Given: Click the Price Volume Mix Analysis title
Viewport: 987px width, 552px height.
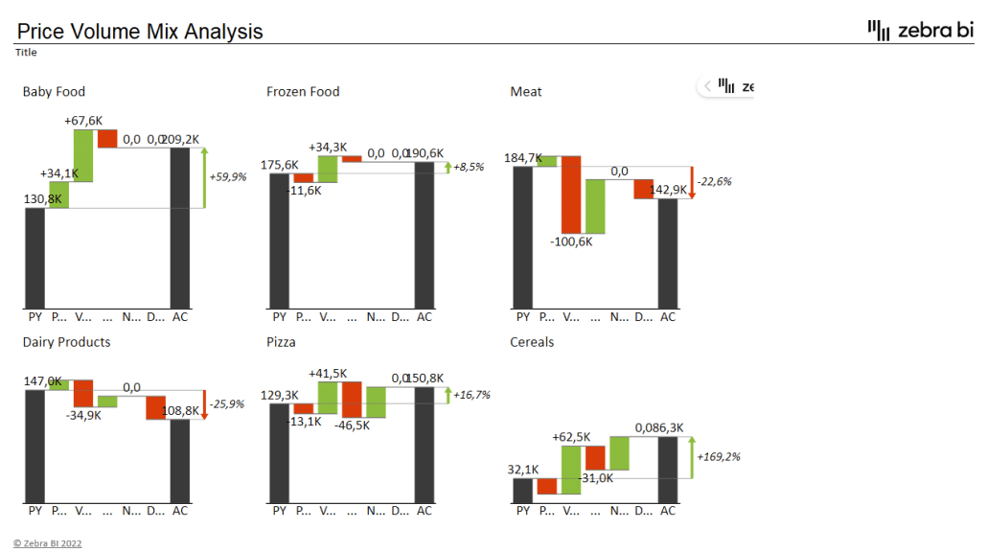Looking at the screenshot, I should [140, 32].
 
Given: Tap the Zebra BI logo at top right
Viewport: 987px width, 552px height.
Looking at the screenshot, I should [919, 30].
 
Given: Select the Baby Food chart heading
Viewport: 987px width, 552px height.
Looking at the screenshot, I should [54, 92].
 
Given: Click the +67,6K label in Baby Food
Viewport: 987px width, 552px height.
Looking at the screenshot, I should [83, 121].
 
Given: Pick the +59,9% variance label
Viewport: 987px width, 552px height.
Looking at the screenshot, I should [227, 177].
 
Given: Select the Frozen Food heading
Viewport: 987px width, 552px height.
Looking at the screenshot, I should [303, 92].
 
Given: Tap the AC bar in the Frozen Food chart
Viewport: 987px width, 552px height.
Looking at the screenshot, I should [425, 235].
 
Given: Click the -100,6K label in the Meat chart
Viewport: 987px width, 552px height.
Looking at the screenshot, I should [571, 241].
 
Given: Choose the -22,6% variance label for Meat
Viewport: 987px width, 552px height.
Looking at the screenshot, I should [715, 181].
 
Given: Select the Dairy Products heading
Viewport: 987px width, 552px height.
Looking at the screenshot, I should [66, 342].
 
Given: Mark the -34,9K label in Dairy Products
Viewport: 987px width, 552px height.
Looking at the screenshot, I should [83, 415].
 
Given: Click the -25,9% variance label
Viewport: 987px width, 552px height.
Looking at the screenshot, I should [227, 404].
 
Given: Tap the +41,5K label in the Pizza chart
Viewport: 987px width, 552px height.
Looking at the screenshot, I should [328, 373].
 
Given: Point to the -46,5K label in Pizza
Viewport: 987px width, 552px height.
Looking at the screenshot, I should [352, 425].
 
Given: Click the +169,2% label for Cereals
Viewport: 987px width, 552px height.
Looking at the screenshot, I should [718, 457].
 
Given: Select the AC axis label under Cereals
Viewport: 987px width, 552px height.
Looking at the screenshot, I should [668, 511].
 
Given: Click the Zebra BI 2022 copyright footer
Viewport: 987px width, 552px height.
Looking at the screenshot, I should [48, 543].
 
